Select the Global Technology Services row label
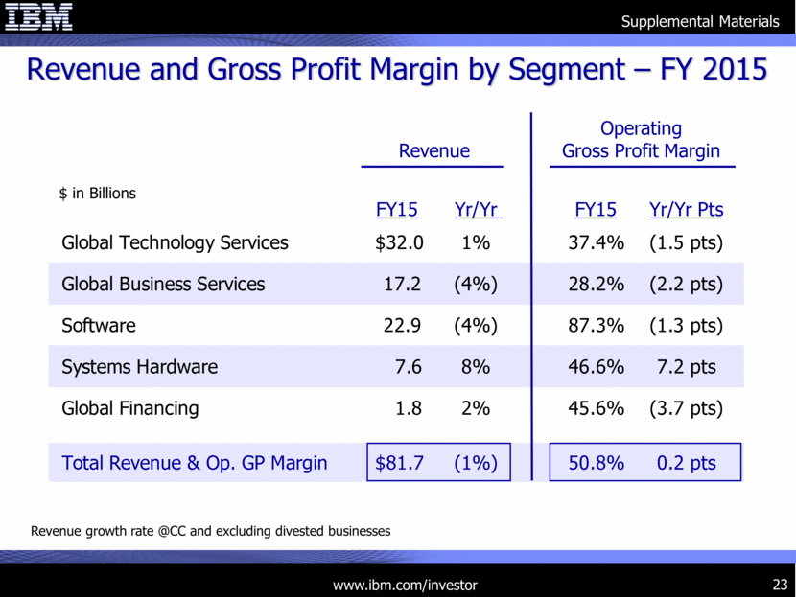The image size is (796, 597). pyautogui.click(x=175, y=243)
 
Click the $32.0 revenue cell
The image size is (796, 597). pyautogui.click(x=400, y=243)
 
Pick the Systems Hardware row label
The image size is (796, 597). pyautogui.click(x=139, y=367)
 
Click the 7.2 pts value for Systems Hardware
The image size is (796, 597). pyautogui.click(x=687, y=367)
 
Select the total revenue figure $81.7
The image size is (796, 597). pyautogui.click(x=400, y=463)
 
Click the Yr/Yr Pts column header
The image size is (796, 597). pyautogui.click(x=686, y=210)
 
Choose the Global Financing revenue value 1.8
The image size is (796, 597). pyautogui.click(x=409, y=408)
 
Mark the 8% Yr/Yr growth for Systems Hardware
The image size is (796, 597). pyautogui.click(x=476, y=367)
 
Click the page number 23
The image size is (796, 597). pyautogui.click(x=779, y=585)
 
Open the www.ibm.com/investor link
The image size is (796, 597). pyautogui.click(x=404, y=585)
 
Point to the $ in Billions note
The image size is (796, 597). pyautogui.click(x=98, y=193)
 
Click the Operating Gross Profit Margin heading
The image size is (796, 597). pyautogui.click(x=641, y=140)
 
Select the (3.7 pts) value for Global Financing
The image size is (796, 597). pyautogui.click(x=686, y=408)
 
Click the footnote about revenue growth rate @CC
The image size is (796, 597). pyautogui.click(x=211, y=530)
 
